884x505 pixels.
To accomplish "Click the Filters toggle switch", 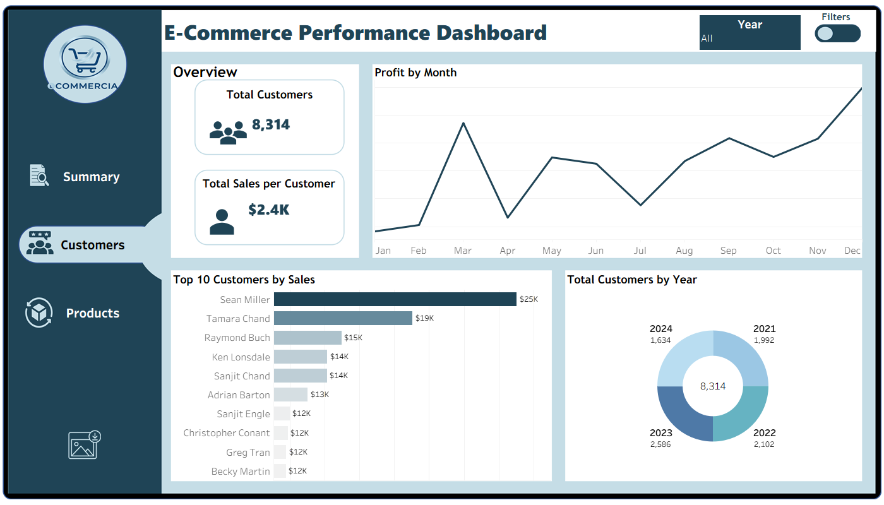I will pos(837,33).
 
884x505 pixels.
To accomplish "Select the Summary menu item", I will pos(91,177).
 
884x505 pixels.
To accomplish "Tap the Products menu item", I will pos(92,313).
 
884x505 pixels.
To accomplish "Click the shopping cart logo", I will pos(85,63).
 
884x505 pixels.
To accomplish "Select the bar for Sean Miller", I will pos(395,299).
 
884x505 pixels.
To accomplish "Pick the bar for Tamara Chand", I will pos(343,318).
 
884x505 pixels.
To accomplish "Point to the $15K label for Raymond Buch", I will pos(353,338).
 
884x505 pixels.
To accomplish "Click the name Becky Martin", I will pos(241,472).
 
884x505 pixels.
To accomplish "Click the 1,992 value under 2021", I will pos(764,340).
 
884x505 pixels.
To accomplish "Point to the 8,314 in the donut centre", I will pos(713,386).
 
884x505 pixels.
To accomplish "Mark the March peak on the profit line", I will pos(464,123).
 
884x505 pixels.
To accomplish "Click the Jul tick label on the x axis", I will pos(640,251).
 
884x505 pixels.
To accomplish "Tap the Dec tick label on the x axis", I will pos(852,251).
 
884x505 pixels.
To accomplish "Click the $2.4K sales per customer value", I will pos(269,210).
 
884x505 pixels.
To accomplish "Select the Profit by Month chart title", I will pos(415,73).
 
